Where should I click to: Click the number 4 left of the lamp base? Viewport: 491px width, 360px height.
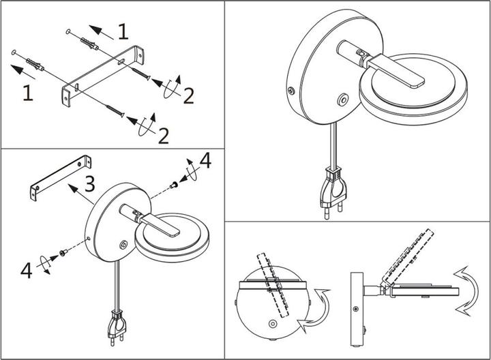pyautogui.click(x=26, y=270)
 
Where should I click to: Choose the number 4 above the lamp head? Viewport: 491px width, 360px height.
pyautogui.click(x=205, y=161)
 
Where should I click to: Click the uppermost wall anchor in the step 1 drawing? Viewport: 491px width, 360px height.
pyautogui.click(x=89, y=44)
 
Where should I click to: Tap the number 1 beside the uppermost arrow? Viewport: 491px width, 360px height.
pyautogui.click(x=122, y=31)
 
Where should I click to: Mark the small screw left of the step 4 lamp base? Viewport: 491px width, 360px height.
pyautogui.click(x=63, y=252)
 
